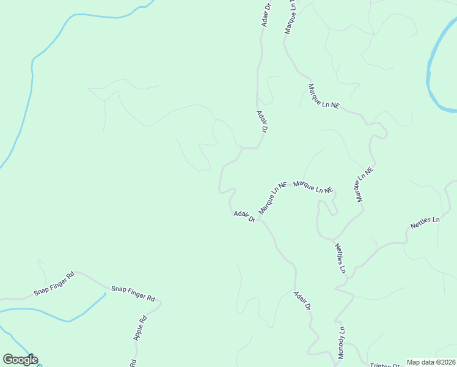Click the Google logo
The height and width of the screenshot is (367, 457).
(20, 360)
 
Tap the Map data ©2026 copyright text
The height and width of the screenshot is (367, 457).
(431, 362)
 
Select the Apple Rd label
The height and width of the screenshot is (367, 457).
(141, 327)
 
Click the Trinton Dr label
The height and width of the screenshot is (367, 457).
(384, 363)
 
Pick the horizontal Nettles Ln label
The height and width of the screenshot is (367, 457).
(425, 223)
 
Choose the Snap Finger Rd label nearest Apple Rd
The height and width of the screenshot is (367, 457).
(133, 293)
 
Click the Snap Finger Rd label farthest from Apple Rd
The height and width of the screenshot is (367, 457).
(54, 283)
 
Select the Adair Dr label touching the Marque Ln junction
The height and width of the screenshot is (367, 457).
(244, 216)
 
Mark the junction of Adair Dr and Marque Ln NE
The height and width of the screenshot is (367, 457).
(259, 218)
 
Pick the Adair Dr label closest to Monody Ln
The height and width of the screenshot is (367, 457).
(302, 300)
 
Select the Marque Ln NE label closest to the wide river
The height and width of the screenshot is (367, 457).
(323, 96)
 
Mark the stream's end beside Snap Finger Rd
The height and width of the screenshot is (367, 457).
(105, 294)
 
